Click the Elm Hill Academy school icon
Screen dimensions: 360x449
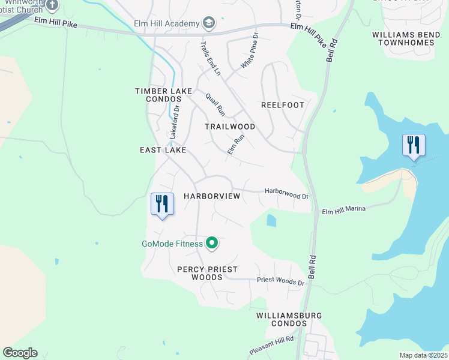(209, 23)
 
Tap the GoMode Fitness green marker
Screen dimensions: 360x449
(211, 243)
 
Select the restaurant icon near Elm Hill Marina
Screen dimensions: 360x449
(414, 145)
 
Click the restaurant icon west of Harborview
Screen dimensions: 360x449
(162, 203)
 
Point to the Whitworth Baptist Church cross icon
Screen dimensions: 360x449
(52, 5)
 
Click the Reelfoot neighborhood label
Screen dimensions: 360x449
(283, 105)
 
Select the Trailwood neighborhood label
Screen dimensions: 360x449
(230, 127)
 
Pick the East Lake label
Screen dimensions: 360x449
(163, 149)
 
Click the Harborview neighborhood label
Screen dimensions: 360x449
(212, 196)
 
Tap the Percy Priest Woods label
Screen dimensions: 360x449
(207, 273)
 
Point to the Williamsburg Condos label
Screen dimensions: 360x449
(289, 319)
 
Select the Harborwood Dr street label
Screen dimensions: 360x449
(286, 192)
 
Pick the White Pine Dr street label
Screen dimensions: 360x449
(249, 51)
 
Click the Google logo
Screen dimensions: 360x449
(20, 353)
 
